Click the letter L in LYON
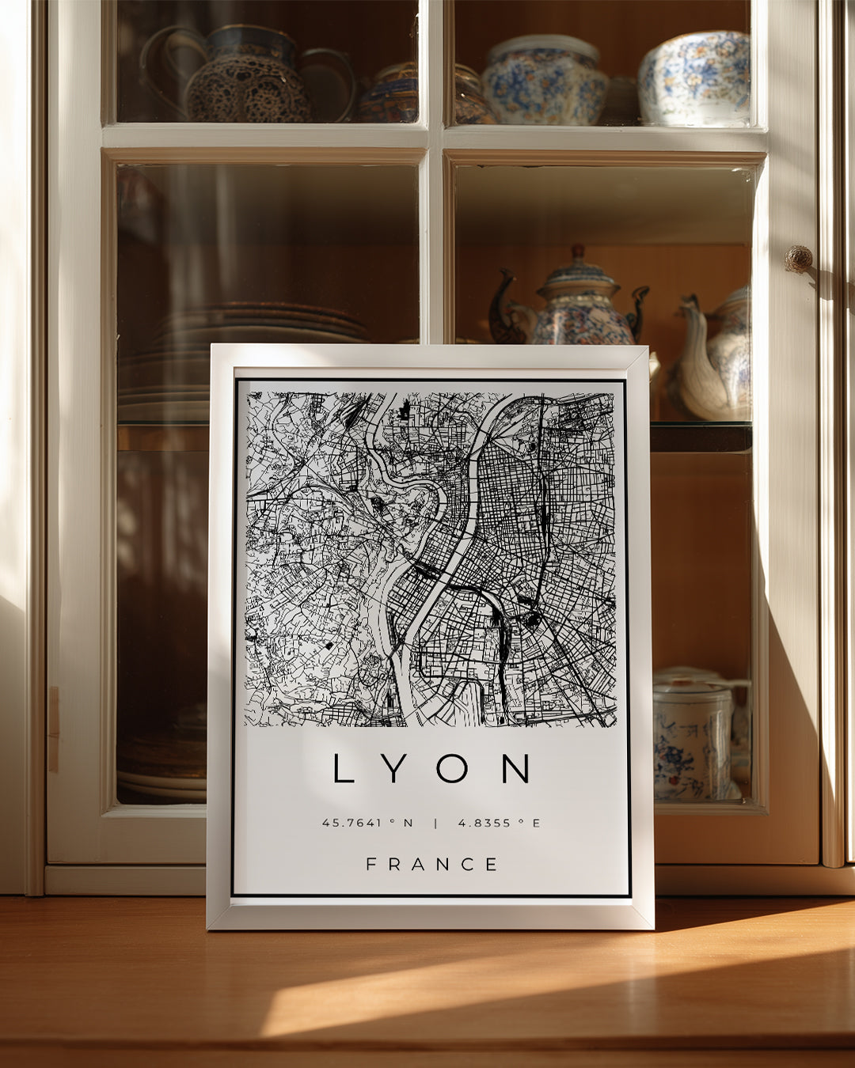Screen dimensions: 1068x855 (x=343, y=768)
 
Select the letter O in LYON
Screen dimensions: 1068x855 (x=452, y=768)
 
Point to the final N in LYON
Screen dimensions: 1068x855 (x=515, y=768)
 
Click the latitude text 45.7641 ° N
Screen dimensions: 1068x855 (x=367, y=823)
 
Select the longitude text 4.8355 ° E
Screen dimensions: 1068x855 (x=499, y=823)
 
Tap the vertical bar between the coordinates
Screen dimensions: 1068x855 (x=435, y=823)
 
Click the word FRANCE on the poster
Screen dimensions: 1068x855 (x=431, y=865)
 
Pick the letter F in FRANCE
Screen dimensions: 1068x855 (x=370, y=865)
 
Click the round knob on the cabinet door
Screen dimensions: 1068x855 (x=798, y=258)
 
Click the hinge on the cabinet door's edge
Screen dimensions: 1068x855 (x=53, y=728)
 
